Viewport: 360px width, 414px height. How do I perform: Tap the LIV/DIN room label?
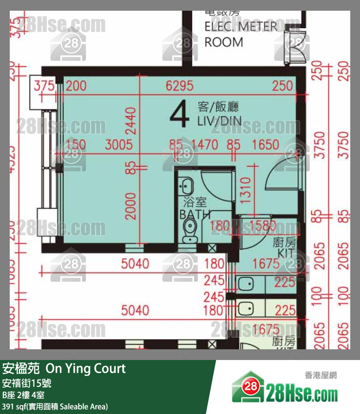[x=219, y=121]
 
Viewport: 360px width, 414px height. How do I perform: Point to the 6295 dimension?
[x=180, y=86]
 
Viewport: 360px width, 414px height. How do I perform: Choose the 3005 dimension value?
[x=119, y=144]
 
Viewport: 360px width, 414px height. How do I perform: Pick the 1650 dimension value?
[x=266, y=144]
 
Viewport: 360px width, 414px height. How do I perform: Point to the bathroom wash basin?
[x=185, y=185]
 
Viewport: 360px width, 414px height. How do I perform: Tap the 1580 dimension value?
[x=263, y=225]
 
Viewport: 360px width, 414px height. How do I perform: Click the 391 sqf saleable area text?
[x=55, y=406]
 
